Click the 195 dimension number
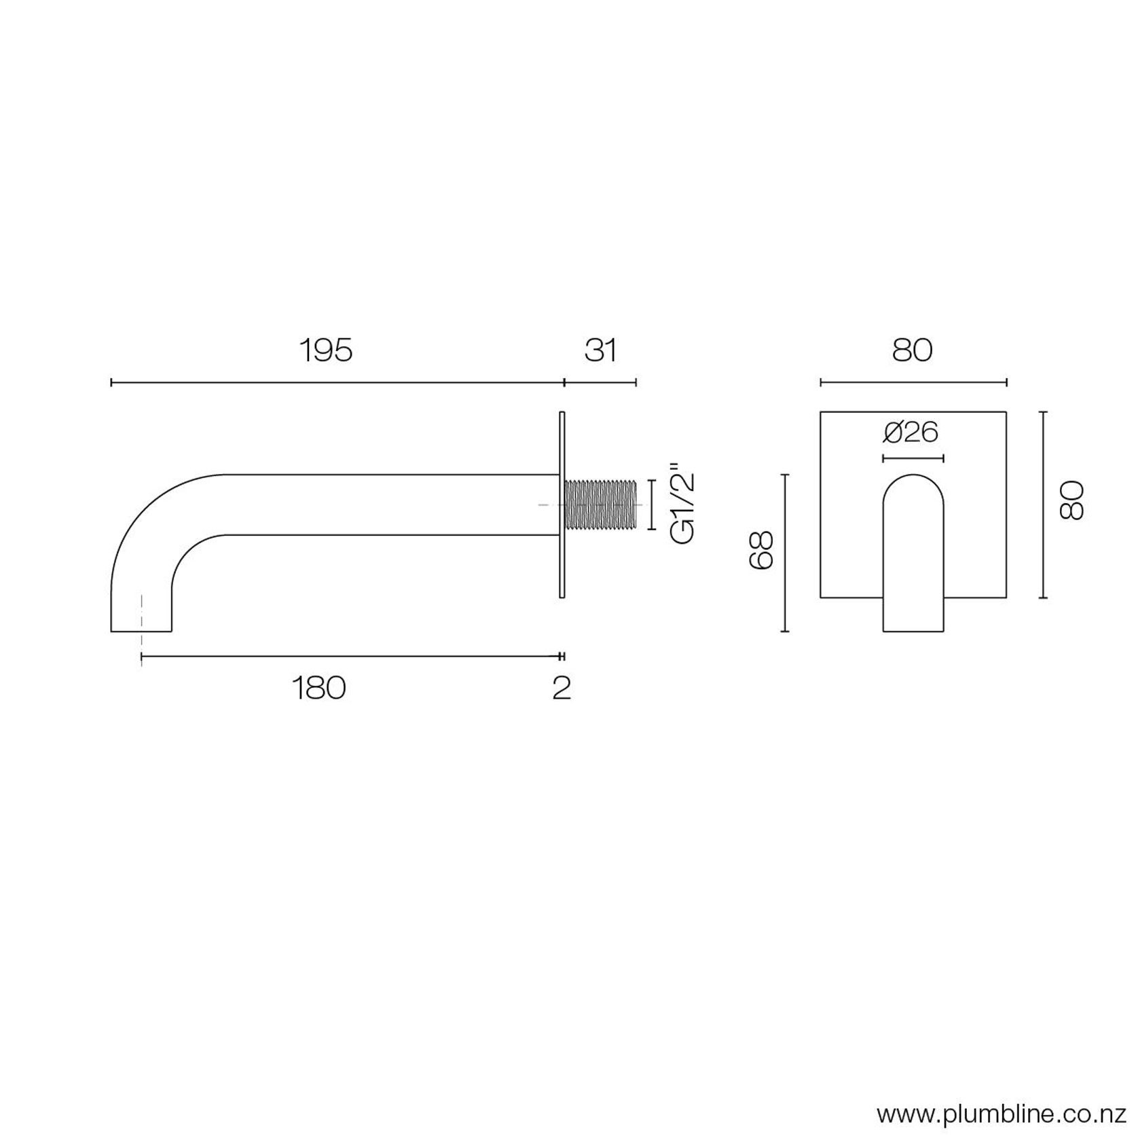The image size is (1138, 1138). [327, 351]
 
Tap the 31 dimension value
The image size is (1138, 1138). [600, 351]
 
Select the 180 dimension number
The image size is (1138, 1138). [318, 688]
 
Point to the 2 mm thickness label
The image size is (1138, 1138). [562, 688]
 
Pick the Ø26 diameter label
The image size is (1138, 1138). [912, 433]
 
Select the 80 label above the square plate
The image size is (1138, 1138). [912, 351]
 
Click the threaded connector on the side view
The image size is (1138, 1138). [600, 504]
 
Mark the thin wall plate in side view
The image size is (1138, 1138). [562, 504]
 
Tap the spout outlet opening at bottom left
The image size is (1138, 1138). [141, 630]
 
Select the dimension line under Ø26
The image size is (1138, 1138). [913, 458]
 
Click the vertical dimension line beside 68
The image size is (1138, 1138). [785, 553]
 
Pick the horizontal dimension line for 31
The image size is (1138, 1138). [600, 383]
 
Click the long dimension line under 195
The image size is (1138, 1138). [337, 383]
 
